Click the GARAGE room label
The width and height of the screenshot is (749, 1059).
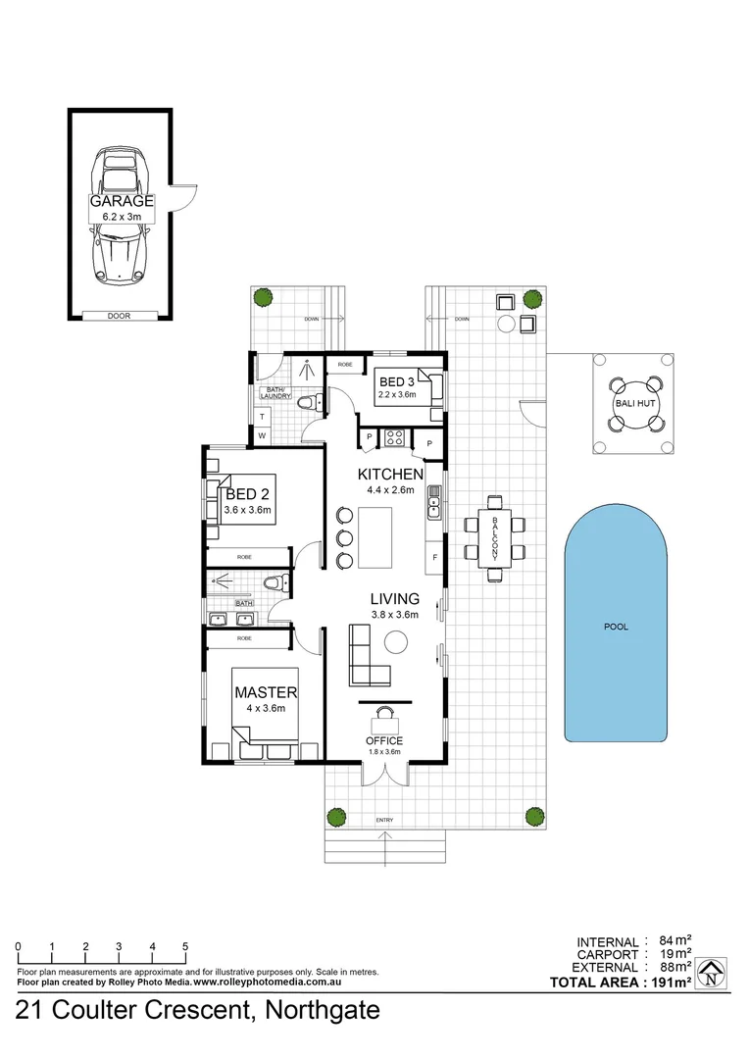[123, 201]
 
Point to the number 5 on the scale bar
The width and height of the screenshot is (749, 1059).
[185, 946]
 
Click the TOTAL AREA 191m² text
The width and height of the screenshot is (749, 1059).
[621, 982]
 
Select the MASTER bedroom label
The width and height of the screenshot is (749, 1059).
[265, 692]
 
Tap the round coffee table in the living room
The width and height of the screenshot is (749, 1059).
[396, 642]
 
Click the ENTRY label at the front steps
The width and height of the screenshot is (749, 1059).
[385, 820]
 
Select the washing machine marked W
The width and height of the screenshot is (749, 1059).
[262, 434]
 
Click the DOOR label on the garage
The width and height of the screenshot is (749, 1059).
[119, 316]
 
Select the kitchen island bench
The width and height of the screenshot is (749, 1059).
[374, 536]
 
